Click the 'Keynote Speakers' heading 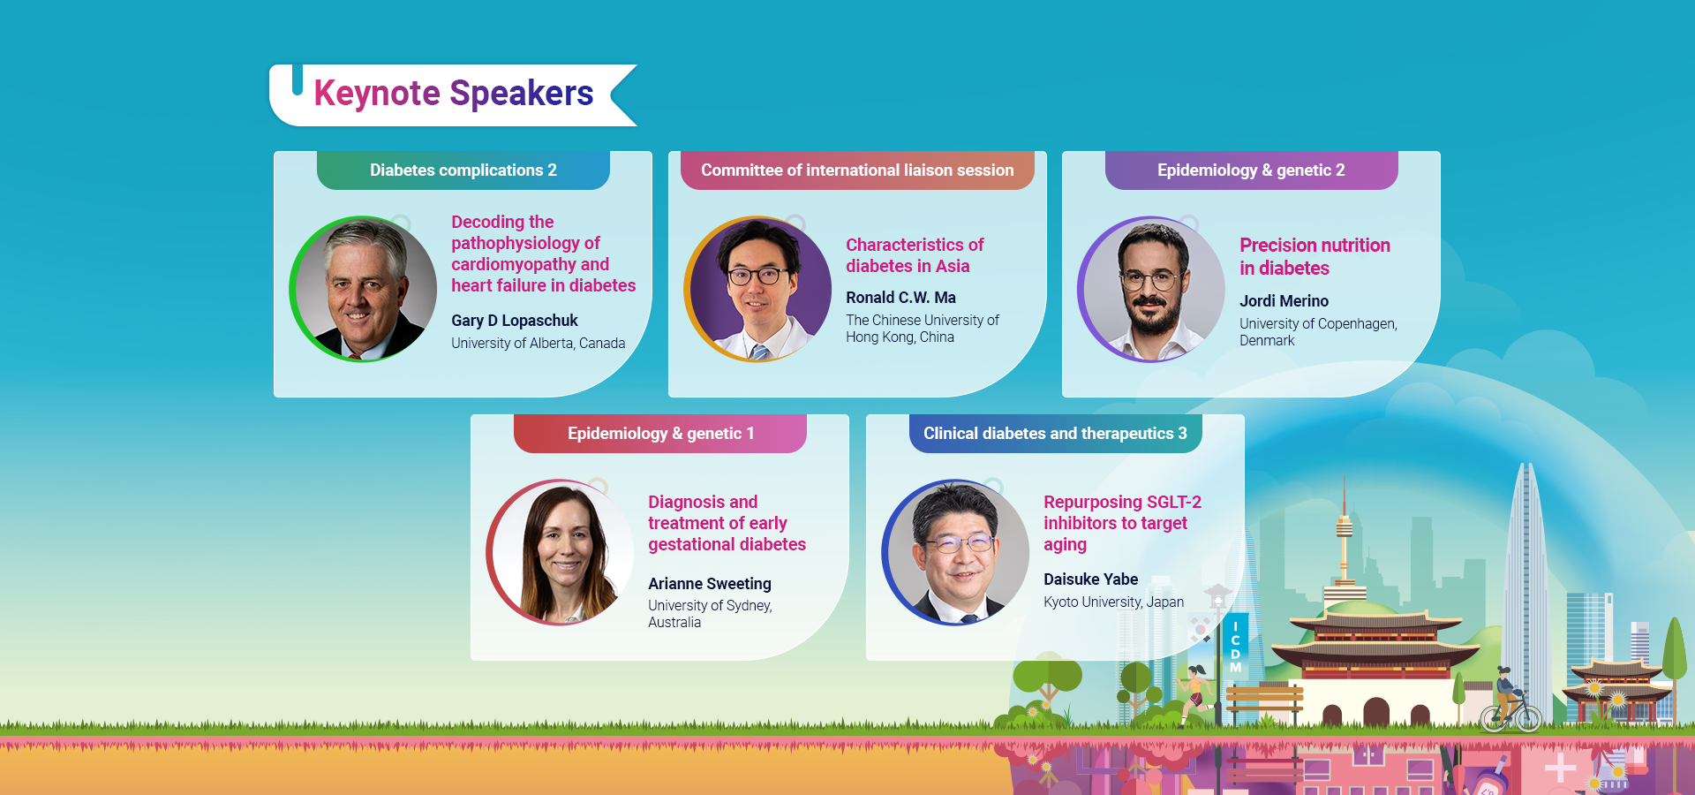453,94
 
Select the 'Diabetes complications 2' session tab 463,170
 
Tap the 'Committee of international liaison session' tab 857,170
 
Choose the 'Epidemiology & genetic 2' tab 1251,170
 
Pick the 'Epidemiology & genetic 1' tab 660,434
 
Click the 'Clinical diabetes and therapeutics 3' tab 1055,434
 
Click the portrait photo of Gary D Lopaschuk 364,289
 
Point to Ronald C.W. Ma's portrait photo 758,289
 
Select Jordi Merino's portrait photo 1152,289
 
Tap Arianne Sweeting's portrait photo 561,552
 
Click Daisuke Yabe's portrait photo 956,552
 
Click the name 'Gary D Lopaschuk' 515,321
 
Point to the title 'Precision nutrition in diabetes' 1315,256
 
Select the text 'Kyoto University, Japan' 1113,602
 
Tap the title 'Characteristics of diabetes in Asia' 914,255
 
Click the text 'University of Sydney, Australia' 710,614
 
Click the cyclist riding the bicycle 1510,702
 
